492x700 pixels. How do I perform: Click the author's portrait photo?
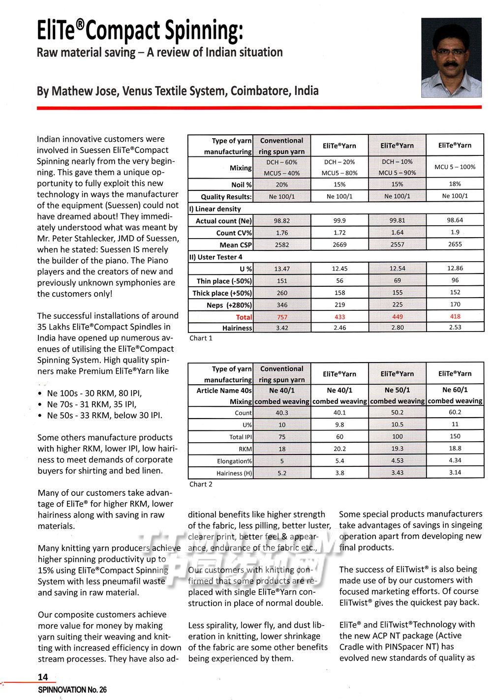[x=452, y=57]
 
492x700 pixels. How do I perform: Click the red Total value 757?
[x=282, y=317]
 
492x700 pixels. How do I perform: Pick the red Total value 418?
[x=455, y=316]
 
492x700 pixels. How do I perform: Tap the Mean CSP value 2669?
[x=339, y=244]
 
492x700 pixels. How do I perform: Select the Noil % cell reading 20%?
[x=282, y=184]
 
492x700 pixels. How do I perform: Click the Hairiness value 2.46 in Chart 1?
[x=339, y=327]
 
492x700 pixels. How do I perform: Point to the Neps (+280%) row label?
[x=229, y=305]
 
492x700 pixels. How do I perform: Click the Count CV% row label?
[x=234, y=233]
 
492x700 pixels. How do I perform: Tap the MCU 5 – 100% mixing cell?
[x=455, y=167]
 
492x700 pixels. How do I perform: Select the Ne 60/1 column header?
[x=455, y=390]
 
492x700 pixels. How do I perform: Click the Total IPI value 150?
[x=455, y=436]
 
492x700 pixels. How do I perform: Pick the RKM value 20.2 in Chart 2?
[x=339, y=449]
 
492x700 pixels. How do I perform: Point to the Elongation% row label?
[x=234, y=461]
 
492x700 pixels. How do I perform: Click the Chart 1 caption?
[x=201, y=338]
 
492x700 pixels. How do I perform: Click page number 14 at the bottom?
[x=43, y=677]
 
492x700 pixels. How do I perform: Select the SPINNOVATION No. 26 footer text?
[x=72, y=690]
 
